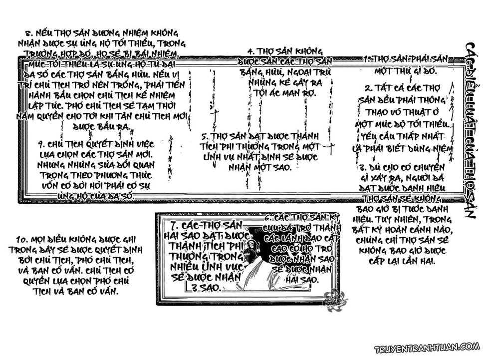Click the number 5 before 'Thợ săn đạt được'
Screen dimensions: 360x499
coord(205,136)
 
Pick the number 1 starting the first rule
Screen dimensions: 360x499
coord(366,58)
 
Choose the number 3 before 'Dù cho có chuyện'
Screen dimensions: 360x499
coord(363,167)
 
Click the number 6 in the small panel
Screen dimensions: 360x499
coord(268,218)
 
